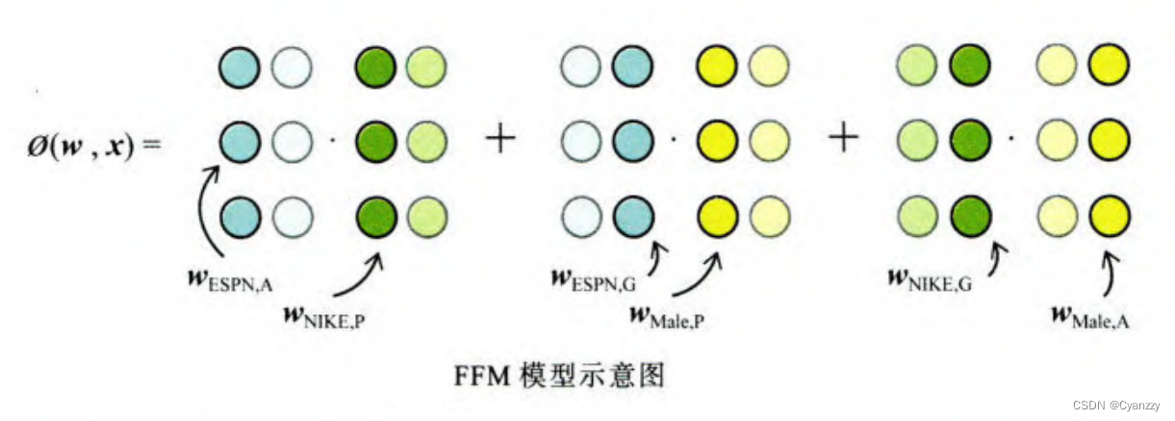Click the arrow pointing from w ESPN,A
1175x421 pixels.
[205, 207]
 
